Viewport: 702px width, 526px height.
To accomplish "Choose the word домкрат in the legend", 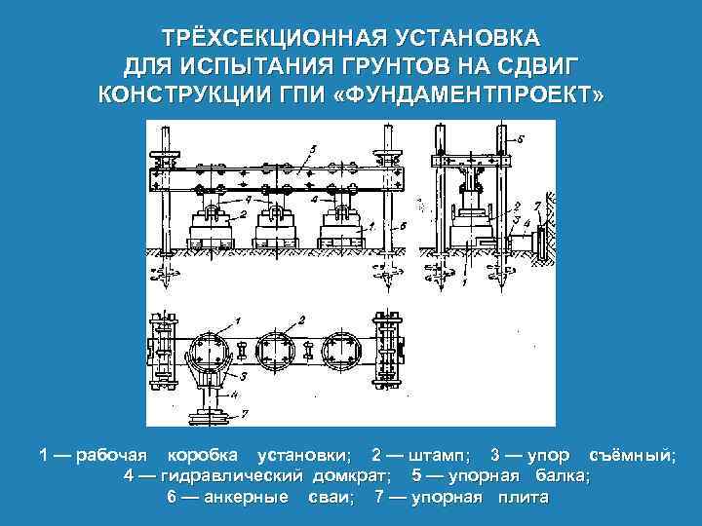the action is (352, 476).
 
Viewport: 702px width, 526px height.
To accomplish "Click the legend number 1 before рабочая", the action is (46, 455).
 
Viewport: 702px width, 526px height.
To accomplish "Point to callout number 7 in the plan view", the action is (244, 414).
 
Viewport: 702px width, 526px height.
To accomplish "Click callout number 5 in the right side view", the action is (520, 139).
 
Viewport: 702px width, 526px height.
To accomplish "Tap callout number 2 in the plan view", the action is (302, 319).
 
